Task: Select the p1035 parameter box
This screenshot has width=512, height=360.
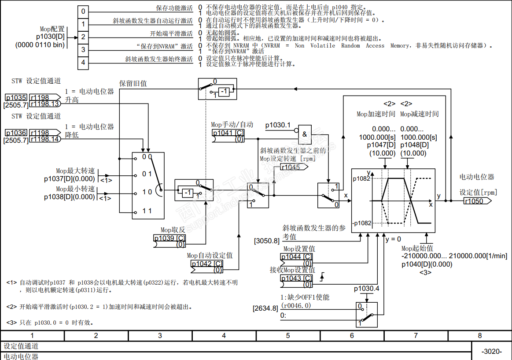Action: click(16, 97)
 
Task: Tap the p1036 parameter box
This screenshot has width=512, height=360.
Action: click(16, 133)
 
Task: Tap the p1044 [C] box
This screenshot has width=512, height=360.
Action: click(297, 257)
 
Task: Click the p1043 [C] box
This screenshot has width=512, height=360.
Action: click(297, 278)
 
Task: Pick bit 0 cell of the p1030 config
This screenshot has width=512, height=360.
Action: click(83, 11)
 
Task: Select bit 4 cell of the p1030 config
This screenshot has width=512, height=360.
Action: click(83, 63)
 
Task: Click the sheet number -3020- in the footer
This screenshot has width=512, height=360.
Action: click(491, 351)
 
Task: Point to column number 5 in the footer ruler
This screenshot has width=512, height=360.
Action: click(288, 336)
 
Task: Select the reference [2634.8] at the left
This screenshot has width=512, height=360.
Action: click(265, 308)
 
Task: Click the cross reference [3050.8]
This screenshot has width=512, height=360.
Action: click(267, 241)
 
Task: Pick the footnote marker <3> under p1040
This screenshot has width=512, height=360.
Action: click(425, 272)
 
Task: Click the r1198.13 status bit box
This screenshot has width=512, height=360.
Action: click(44, 104)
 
